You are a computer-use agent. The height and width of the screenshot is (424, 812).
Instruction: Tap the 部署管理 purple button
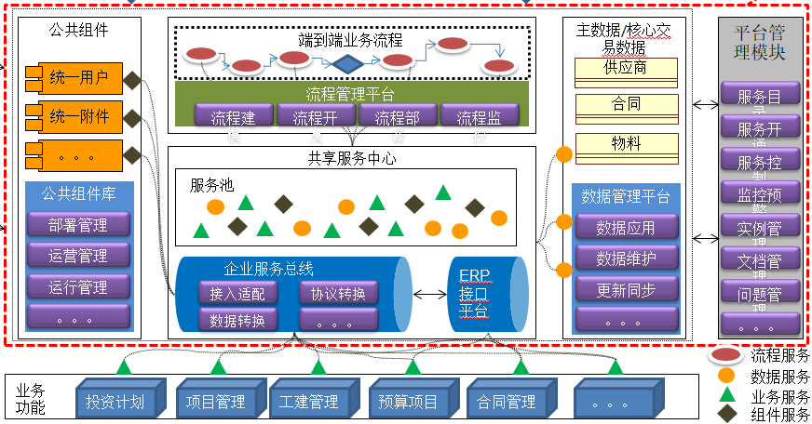point(78,225)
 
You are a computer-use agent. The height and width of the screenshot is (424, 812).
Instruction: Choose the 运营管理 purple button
point(78,256)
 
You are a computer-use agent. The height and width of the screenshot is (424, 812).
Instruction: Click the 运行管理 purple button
point(78,286)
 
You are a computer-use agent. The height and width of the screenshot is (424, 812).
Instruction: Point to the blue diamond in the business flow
point(347,64)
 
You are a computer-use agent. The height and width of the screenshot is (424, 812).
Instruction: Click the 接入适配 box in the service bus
point(237,294)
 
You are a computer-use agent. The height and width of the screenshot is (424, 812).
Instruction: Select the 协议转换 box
point(338,294)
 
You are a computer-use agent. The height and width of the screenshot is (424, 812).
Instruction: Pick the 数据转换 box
point(237,321)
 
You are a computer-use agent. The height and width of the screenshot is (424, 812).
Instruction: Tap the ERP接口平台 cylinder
point(484,293)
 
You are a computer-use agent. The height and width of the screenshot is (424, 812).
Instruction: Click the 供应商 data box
point(626,69)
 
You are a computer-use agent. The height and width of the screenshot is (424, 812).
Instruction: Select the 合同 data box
point(626,105)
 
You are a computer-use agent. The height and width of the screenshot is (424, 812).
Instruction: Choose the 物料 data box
point(626,144)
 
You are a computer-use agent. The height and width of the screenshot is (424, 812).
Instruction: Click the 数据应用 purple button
point(625,228)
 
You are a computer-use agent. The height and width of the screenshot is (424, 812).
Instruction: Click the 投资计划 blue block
point(116,402)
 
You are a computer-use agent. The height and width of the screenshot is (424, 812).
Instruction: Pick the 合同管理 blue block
point(507,402)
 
